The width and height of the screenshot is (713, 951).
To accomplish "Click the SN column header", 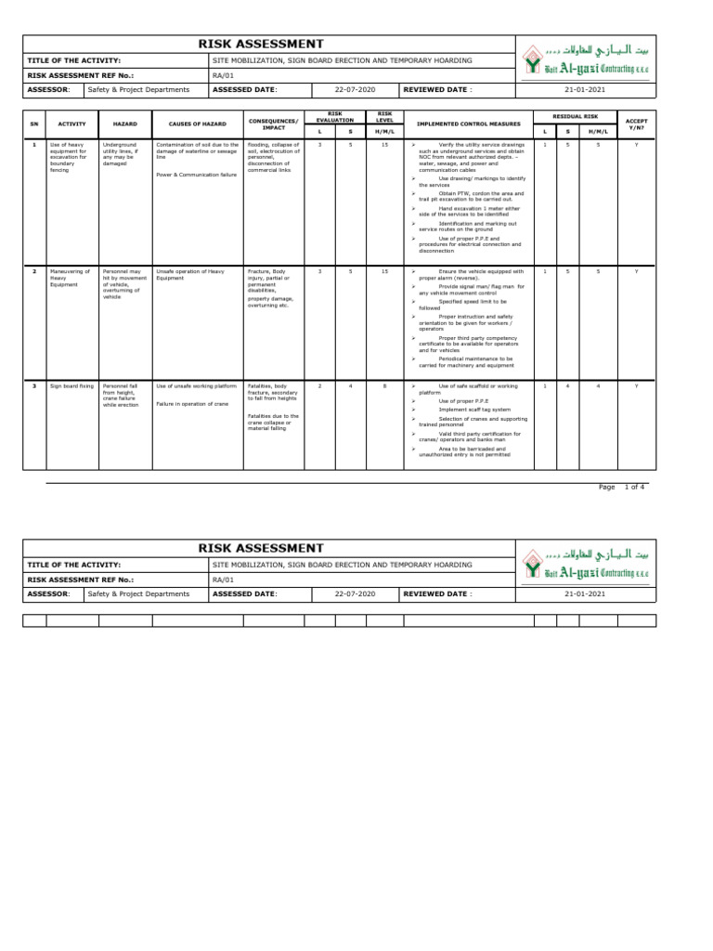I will (x=34, y=124).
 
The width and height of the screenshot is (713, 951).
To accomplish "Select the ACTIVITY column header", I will (x=71, y=124).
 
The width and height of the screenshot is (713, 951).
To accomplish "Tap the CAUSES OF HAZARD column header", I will (x=197, y=124).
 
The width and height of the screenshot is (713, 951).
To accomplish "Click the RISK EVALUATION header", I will (x=334, y=117).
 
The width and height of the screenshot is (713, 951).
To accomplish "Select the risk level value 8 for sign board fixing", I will (x=385, y=384).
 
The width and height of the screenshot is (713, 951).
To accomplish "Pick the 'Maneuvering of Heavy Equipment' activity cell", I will (x=71, y=278).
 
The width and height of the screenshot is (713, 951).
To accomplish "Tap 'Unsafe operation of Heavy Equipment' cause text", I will (x=190, y=274).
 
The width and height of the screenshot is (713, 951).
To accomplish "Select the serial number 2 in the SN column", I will (x=34, y=270).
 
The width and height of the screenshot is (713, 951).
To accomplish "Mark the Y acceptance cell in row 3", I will (x=636, y=384).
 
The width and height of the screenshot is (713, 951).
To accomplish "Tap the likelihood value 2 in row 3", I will (x=320, y=384).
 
